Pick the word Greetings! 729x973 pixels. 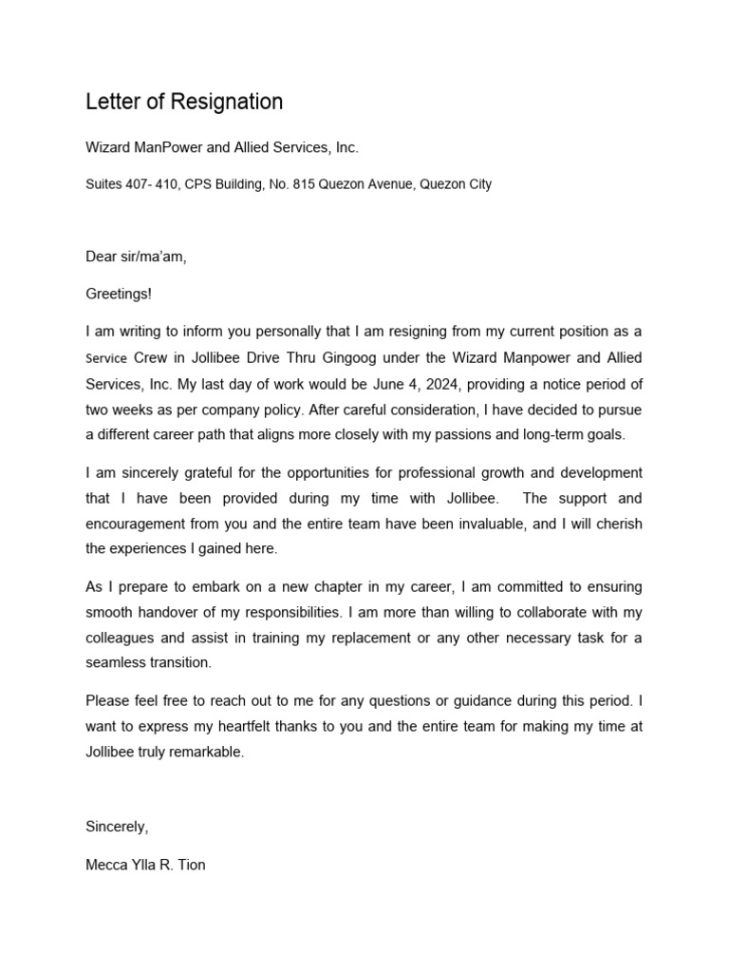118,295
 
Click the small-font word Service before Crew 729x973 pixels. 106,359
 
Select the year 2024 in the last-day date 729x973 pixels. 437,384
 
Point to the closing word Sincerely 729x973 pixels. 116,827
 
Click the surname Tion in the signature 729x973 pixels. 189,865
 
